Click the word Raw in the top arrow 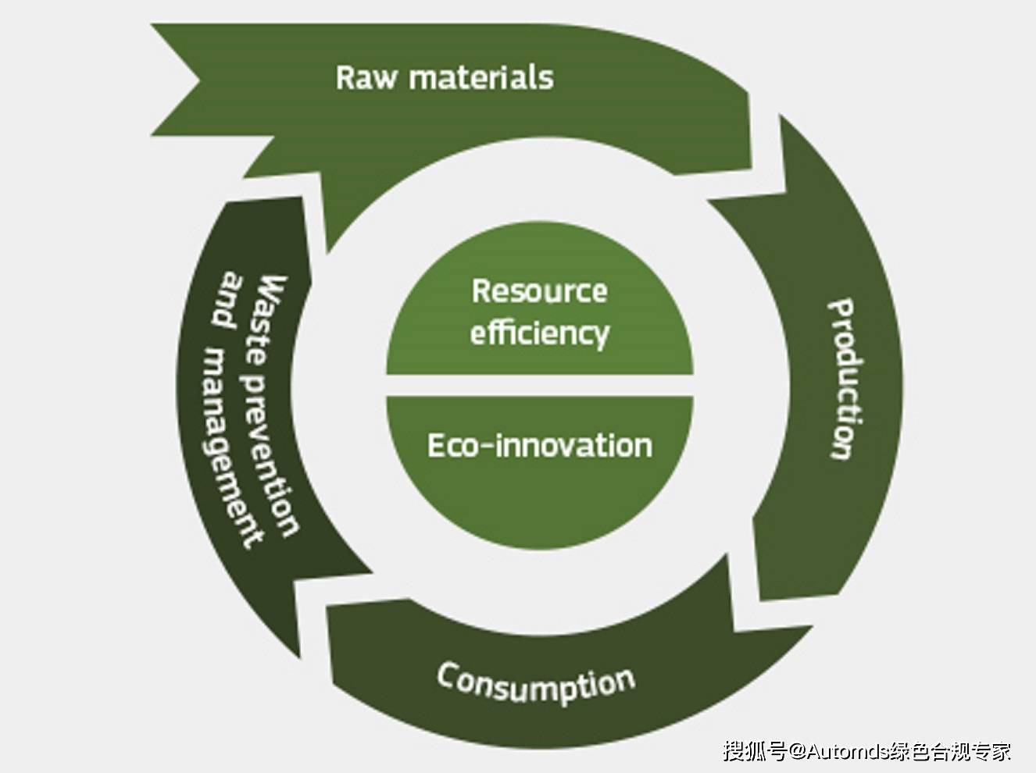pyautogui.click(x=366, y=78)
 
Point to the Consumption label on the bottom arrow pyautogui.click(x=536, y=684)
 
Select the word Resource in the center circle pyautogui.click(x=539, y=291)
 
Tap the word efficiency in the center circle pyautogui.click(x=539, y=333)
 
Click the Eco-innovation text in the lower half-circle pyautogui.click(x=539, y=446)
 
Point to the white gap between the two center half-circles pyautogui.click(x=539, y=386)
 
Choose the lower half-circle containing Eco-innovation pyautogui.click(x=539, y=500)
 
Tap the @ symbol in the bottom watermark pyautogui.click(x=797, y=751)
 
